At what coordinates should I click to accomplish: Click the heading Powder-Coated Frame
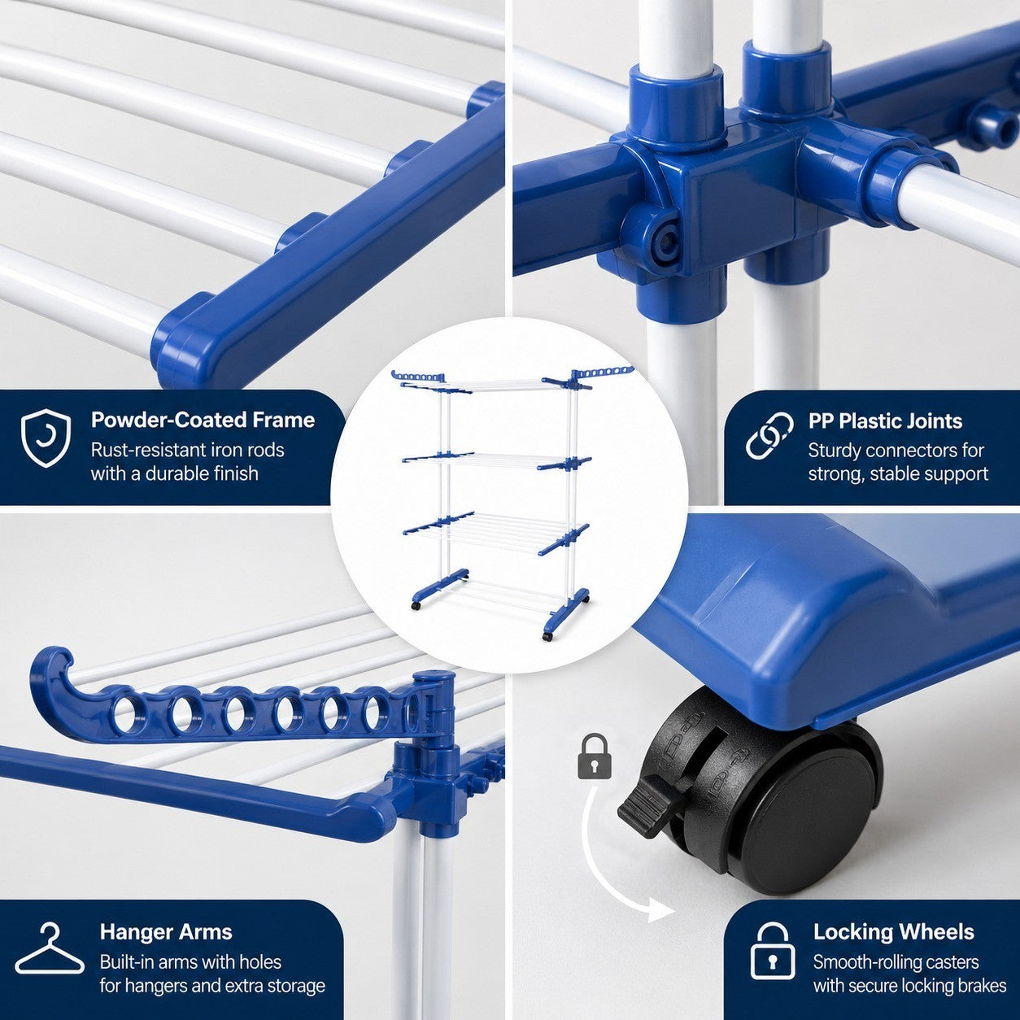pyautogui.click(x=203, y=420)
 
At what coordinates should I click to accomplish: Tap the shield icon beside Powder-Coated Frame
pyautogui.click(x=46, y=438)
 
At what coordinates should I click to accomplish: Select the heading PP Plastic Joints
pyautogui.click(x=885, y=421)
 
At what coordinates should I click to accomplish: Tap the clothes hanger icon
pyautogui.click(x=50, y=948)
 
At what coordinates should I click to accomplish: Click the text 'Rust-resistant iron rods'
pyautogui.click(x=187, y=450)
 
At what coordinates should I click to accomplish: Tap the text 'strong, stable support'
pyautogui.click(x=898, y=473)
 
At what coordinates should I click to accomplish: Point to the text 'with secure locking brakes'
pyautogui.click(x=909, y=986)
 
